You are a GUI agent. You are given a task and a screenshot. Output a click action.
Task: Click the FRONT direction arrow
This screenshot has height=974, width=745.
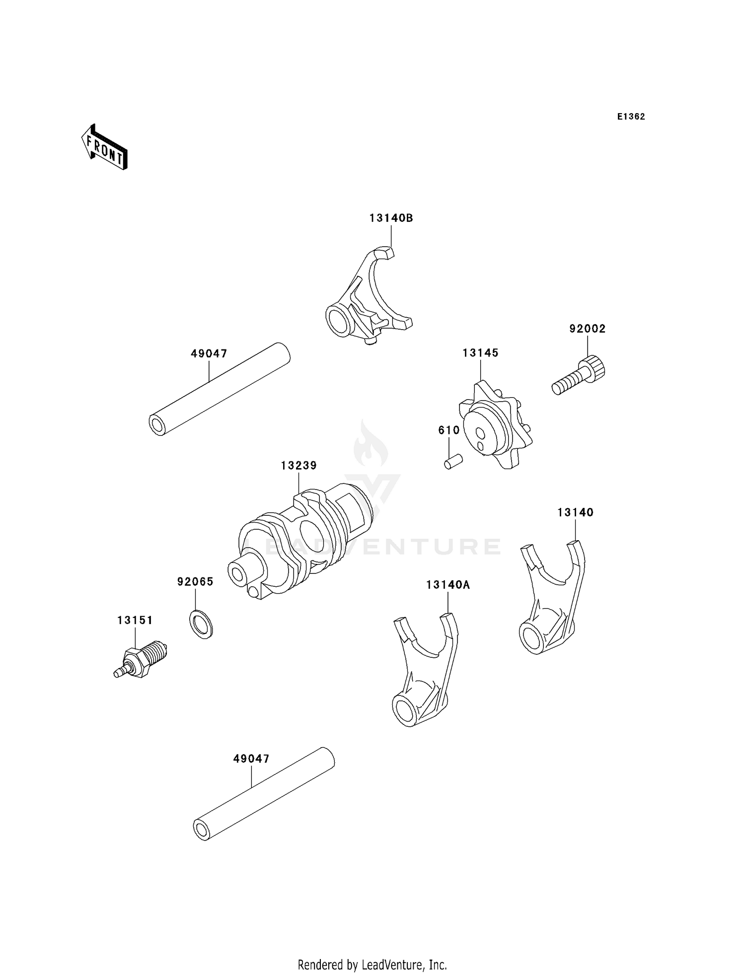pos(104,147)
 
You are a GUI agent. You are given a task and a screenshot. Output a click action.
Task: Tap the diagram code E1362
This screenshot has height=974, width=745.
pos(631,117)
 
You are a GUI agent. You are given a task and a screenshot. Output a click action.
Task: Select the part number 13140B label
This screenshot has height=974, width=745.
pos(391,218)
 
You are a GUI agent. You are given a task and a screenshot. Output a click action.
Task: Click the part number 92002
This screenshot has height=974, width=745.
pos(587,329)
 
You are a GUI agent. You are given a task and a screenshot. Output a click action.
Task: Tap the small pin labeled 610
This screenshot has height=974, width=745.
pos(453,462)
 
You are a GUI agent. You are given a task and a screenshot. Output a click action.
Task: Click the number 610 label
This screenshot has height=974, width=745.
pos(448,430)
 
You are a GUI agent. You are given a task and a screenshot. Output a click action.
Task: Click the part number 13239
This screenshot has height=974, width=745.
pos(298,466)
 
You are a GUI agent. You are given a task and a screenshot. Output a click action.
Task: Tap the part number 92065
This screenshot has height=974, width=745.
pos(195,581)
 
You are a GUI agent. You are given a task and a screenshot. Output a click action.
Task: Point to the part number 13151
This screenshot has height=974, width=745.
pos(135,620)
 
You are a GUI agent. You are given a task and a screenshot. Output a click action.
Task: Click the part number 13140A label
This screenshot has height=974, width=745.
pos(447,585)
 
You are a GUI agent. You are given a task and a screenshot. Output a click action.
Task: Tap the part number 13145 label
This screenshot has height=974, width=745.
pos(480,353)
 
